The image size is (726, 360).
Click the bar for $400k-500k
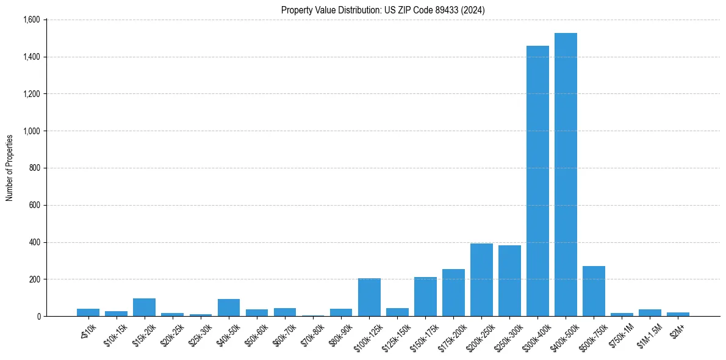pos(566,175)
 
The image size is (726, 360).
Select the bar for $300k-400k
pos(537,181)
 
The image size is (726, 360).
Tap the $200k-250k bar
pos(481,280)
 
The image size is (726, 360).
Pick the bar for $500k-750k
pos(594,291)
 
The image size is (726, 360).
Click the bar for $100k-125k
pos(369,297)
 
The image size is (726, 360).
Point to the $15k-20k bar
pos(144,308)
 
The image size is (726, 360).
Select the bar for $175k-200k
pos(453,293)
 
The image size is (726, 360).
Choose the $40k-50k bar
pos(229,308)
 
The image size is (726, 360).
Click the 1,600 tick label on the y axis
pos(31,20)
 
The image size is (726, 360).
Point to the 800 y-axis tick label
pos(34,168)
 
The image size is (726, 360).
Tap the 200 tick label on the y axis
pos(34,279)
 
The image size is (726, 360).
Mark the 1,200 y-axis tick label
pos(31,94)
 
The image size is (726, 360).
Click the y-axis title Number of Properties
pos(10,168)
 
